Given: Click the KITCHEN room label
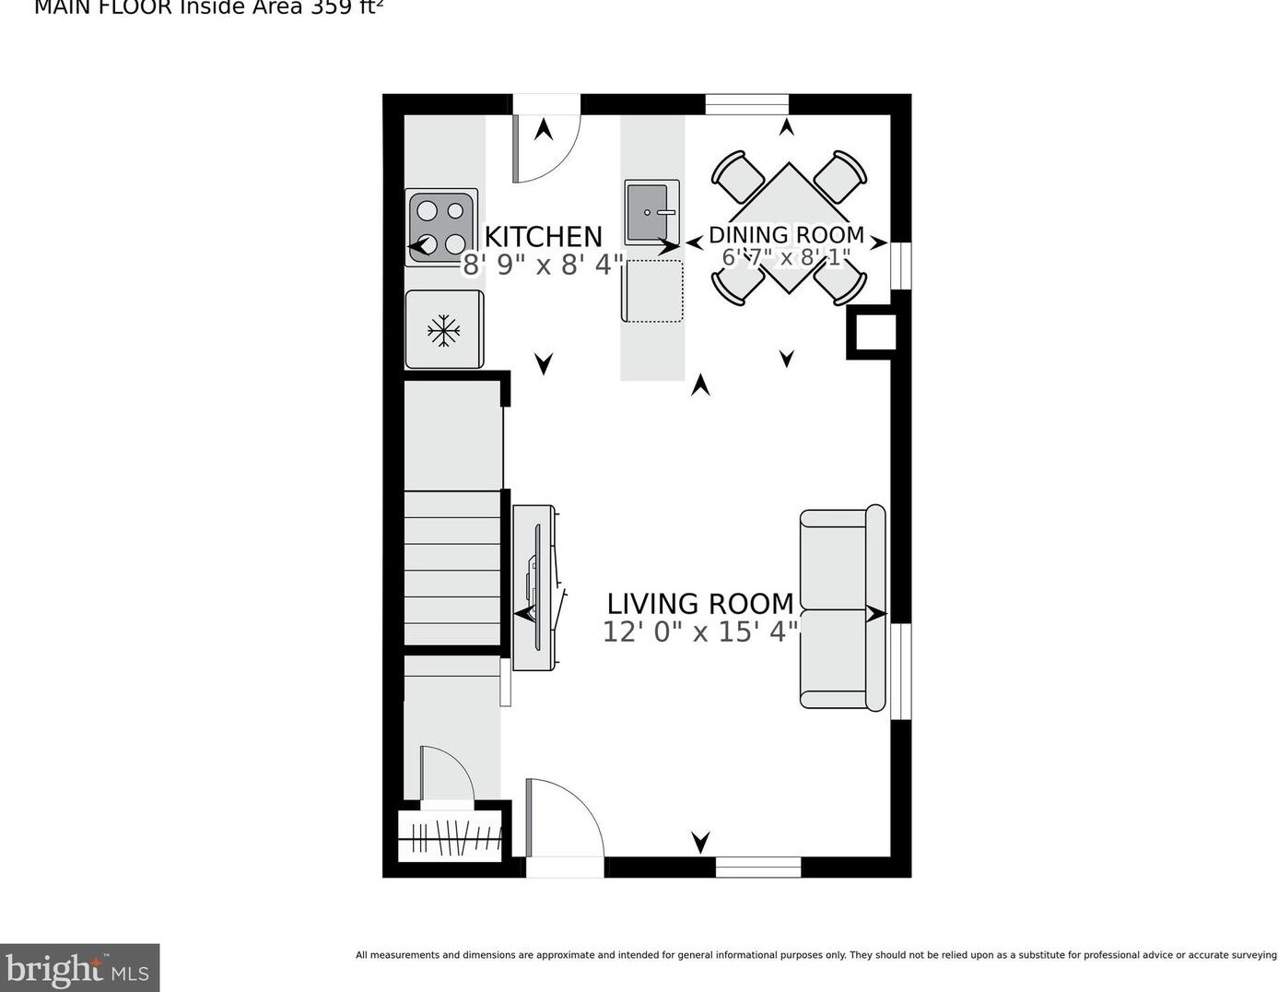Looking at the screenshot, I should pos(543,236).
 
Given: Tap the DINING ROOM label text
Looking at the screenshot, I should pos(786,235).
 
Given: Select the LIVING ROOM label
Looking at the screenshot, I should pos(699,604).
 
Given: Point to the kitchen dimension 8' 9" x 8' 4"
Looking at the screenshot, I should pos(543,266).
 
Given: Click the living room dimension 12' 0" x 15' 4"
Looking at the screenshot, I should pos(699,632).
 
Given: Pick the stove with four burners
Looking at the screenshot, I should pos(440,228).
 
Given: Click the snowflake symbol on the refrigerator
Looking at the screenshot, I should pos(444,330).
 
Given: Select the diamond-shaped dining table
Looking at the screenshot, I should pos(789,228).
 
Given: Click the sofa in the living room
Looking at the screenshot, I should pos(842,608).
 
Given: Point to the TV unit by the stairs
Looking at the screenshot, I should pos(534,587).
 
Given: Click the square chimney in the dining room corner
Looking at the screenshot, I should pos(872,332).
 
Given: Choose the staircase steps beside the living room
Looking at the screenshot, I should pos(452,568).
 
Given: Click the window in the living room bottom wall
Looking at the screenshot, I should pos(758,867).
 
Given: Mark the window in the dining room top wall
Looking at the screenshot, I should pos(747,104).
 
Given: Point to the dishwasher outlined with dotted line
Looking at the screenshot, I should pos(653,290).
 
